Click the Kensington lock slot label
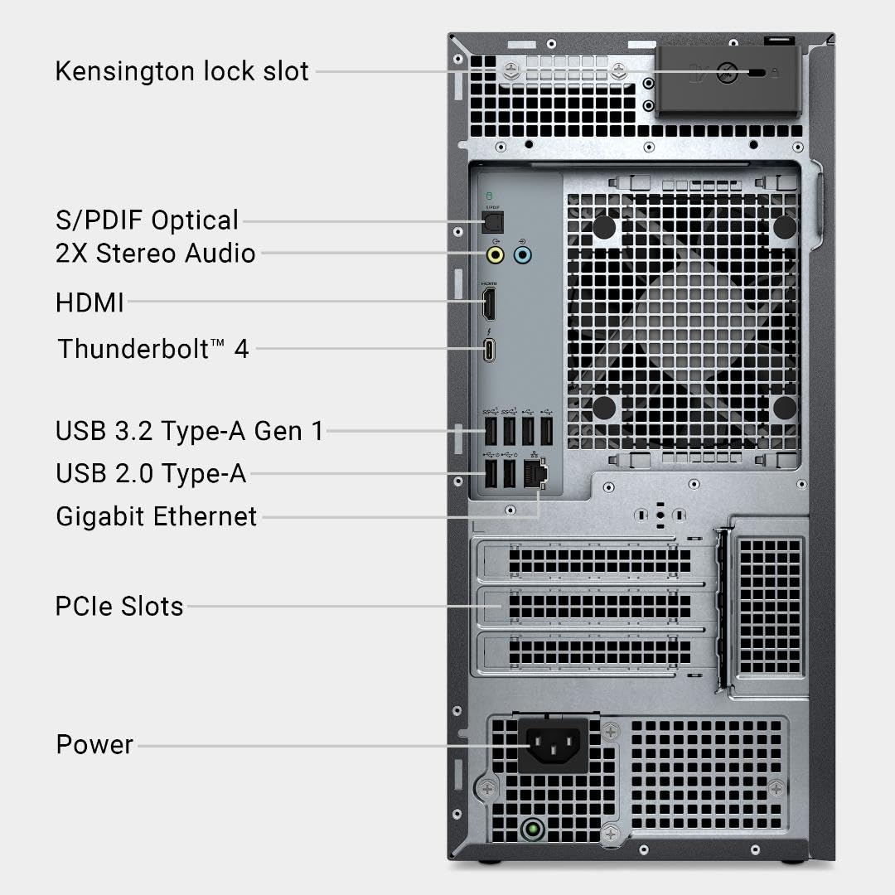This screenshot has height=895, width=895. tap(181, 71)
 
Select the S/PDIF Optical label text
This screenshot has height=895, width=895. tap(148, 220)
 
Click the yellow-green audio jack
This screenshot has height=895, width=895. tap(495, 255)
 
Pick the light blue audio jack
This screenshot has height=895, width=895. tap(521, 255)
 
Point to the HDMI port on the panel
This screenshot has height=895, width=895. tap(489, 304)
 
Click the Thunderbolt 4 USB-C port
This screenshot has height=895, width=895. tap(489, 351)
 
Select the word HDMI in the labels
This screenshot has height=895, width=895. tap(89, 302)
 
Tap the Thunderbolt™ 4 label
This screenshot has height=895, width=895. tap(153, 348)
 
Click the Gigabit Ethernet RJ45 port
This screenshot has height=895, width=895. tap(535, 475)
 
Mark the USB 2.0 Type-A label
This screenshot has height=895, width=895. tap(151, 474)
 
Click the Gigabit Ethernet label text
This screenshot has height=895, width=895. tap(157, 517)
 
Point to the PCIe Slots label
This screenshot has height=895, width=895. tap(119, 606)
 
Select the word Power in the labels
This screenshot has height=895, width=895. tap(94, 744)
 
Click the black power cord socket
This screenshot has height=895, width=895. tap(553, 745)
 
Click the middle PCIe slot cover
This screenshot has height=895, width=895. tap(597, 607)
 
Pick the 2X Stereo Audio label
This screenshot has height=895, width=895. tap(156, 253)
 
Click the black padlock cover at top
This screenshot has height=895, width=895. tap(727, 80)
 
